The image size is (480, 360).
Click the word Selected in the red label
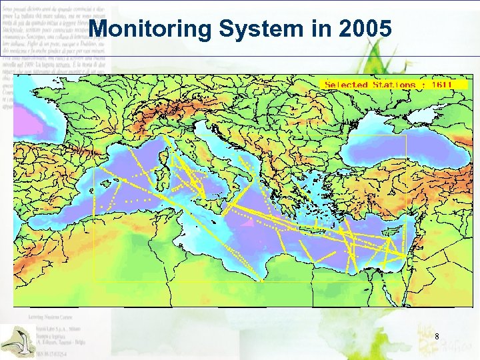tap(346, 85)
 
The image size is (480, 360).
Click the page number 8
tap(436, 337)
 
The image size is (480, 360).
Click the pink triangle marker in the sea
tap(247, 224)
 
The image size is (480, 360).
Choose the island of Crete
tap(313, 234)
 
